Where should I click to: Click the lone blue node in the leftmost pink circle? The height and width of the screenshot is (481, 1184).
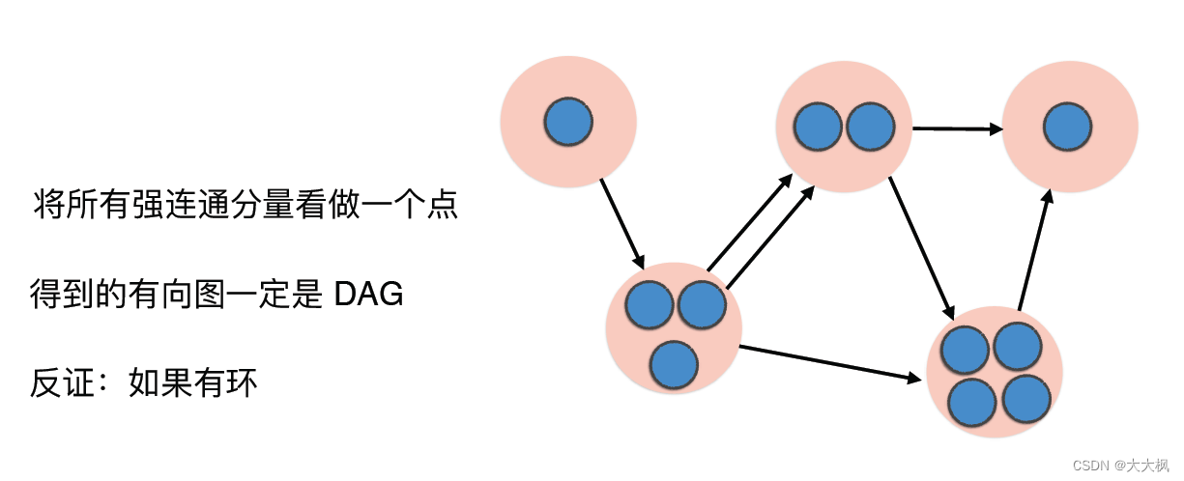pos(568,122)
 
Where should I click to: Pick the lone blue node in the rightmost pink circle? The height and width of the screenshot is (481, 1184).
pos(1068,127)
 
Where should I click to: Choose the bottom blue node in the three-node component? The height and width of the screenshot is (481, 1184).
pos(675,366)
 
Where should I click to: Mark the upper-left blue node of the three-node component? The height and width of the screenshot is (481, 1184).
pos(650,304)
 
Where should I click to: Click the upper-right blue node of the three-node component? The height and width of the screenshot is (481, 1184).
pos(702,304)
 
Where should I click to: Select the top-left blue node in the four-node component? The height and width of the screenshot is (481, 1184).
pos(965,350)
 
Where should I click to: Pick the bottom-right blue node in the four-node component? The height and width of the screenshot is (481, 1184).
pos(1025,397)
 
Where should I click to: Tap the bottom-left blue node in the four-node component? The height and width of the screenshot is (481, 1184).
pos(972,402)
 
